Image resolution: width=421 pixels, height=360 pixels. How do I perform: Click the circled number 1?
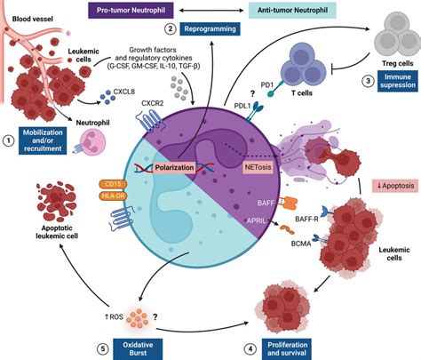click(8, 140)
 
